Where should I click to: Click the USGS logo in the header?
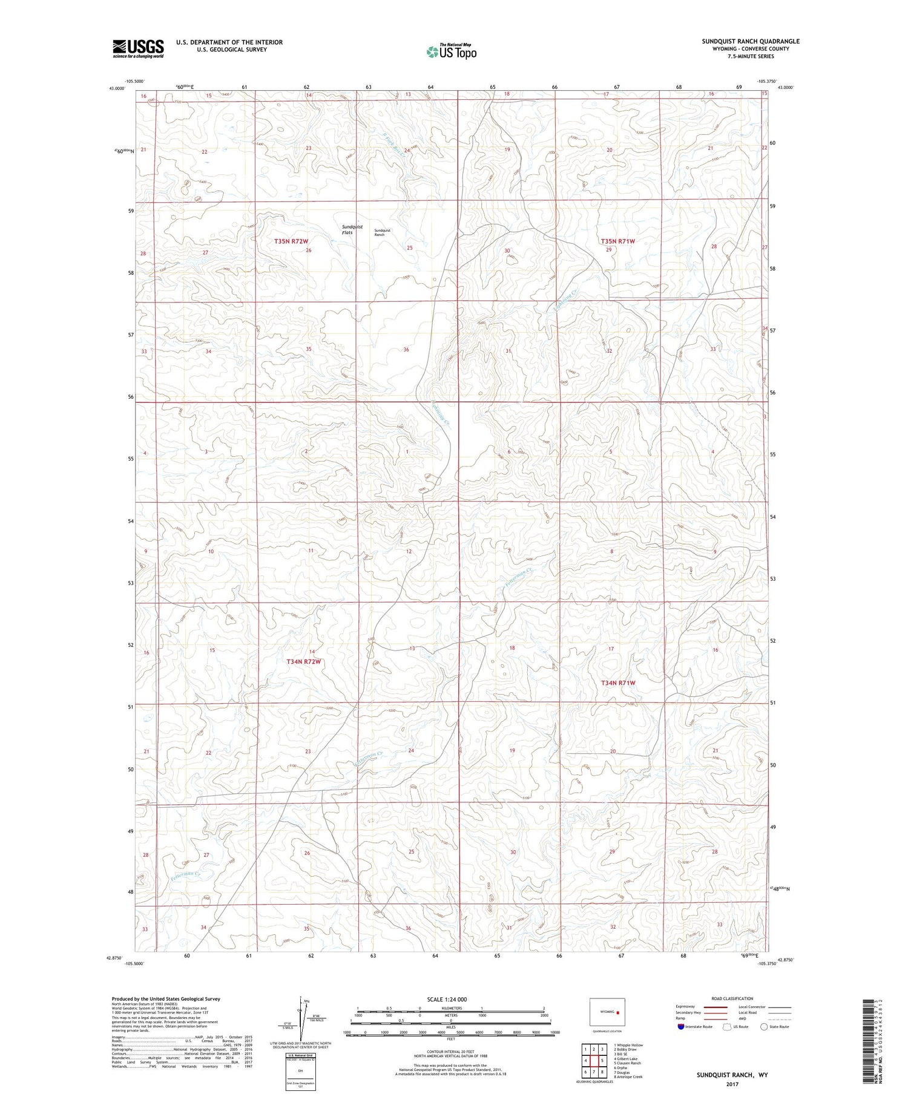tap(138, 48)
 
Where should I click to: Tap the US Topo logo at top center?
tap(451, 52)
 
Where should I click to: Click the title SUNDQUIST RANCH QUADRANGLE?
tap(750, 41)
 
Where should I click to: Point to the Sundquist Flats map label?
tap(352, 229)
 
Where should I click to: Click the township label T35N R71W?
tap(618, 241)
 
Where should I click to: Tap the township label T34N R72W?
tap(303, 662)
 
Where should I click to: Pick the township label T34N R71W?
tap(618, 683)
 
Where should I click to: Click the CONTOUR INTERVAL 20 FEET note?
tap(450, 1050)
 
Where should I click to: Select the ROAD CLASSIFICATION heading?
tap(732, 998)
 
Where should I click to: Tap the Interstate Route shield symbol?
tap(681, 1026)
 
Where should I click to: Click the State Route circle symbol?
tap(765, 1026)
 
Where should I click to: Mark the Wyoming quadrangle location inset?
tap(607, 1012)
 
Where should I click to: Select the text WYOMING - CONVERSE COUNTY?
tap(750, 49)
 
